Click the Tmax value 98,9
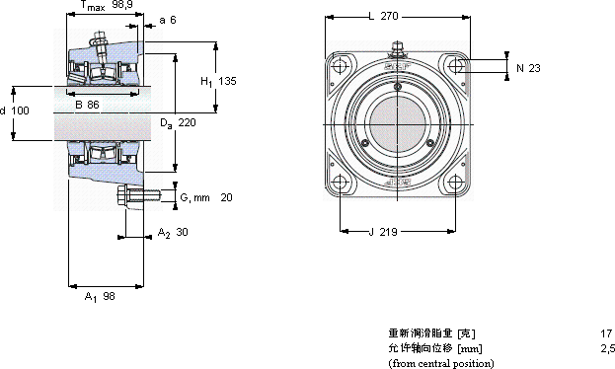coord(122,5)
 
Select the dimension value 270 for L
coord(390,16)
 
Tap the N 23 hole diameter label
coord(528,68)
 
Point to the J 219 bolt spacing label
coord(383,232)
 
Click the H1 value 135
coord(227,81)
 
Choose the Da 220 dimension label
coord(178,123)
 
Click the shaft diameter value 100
coord(20,111)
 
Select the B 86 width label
coord(87,105)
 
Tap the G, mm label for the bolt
coord(194,197)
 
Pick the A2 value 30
coord(182,232)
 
